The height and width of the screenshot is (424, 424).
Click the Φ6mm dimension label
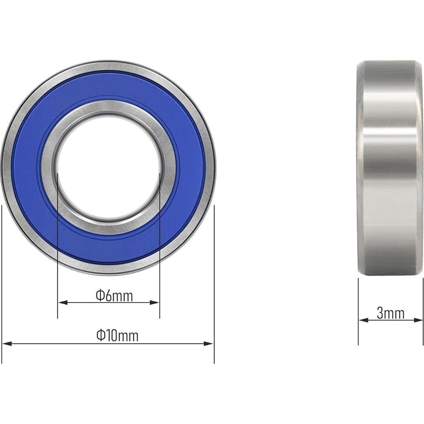click(x=114, y=296)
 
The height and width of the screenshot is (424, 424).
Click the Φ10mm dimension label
click(x=117, y=336)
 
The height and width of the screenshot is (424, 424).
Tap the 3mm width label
click(x=390, y=313)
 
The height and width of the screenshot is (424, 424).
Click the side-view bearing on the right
click(x=390, y=168)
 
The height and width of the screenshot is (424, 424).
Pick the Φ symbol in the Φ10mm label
click(x=101, y=336)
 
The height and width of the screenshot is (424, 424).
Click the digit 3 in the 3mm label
click(x=380, y=313)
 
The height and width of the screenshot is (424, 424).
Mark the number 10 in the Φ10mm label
click(x=113, y=336)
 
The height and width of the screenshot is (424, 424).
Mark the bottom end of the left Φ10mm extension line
click(x=2, y=362)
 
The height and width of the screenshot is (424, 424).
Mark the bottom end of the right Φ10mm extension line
click(x=214, y=362)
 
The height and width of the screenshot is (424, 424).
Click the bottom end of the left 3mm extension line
click(x=358, y=344)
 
